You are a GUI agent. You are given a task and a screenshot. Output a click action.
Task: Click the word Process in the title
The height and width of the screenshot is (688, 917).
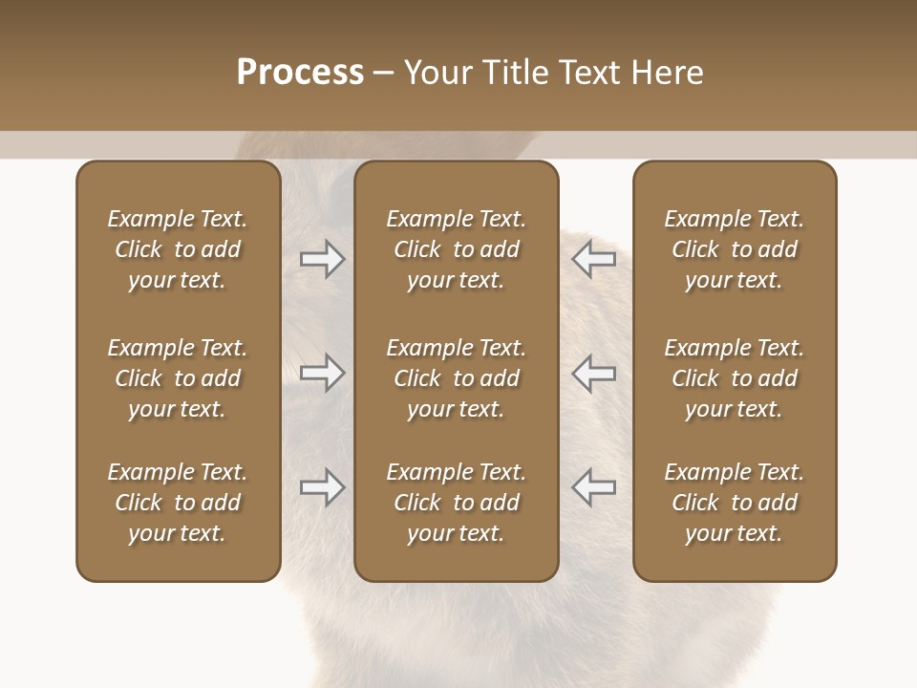pyautogui.click(x=300, y=73)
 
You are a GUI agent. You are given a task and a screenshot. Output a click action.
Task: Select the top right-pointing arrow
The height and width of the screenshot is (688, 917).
pyautogui.click(x=323, y=259)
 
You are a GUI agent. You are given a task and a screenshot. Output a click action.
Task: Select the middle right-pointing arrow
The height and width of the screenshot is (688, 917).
pyautogui.click(x=323, y=373)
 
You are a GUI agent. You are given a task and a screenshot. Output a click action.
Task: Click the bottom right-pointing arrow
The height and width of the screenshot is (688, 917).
pyautogui.click(x=323, y=487)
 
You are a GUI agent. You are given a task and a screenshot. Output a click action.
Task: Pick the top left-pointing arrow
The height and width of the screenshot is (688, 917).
pyautogui.click(x=594, y=259)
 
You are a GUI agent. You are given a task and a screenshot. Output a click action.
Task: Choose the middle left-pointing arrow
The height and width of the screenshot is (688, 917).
pyautogui.click(x=594, y=373)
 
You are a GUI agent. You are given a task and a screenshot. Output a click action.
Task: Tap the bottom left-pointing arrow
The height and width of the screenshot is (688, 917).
pyautogui.click(x=594, y=487)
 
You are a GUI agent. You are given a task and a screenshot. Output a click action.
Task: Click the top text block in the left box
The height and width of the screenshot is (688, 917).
pyautogui.click(x=178, y=249)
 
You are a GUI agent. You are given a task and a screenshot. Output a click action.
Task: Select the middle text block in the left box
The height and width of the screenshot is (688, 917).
pyautogui.click(x=178, y=378)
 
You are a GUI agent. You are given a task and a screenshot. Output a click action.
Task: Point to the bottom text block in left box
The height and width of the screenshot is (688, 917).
pyautogui.click(x=178, y=503)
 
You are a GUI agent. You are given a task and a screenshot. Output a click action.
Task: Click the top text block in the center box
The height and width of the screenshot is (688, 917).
pyautogui.click(x=456, y=249)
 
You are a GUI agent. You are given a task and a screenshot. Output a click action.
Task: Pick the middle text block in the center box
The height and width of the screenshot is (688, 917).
pyautogui.click(x=456, y=378)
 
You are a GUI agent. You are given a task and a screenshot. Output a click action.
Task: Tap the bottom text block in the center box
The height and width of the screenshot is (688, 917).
pyautogui.click(x=456, y=503)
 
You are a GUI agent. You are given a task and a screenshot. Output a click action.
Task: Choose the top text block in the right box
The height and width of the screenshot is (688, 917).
pyautogui.click(x=734, y=249)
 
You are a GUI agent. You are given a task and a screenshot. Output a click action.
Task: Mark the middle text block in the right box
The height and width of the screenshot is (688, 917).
pyautogui.click(x=734, y=378)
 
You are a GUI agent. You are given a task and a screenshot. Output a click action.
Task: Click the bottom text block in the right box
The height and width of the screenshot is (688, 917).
pyautogui.click(x=734, y=503)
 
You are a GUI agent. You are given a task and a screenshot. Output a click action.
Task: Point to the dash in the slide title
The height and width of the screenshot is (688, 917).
pyautogui.click(x=383, y=74)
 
